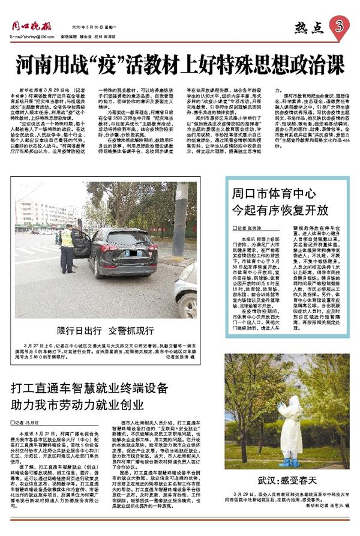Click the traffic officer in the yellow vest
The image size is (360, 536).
coord(67,247)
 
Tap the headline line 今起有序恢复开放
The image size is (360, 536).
coord(280,211)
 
